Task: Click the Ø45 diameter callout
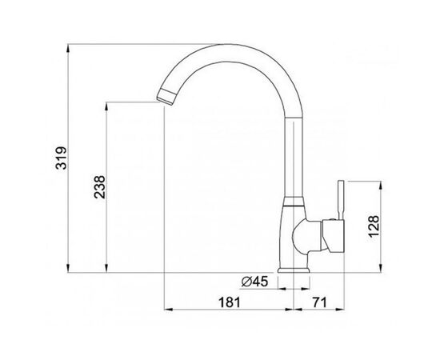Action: pos(254,280)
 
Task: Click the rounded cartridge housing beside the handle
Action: pos(308,234)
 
